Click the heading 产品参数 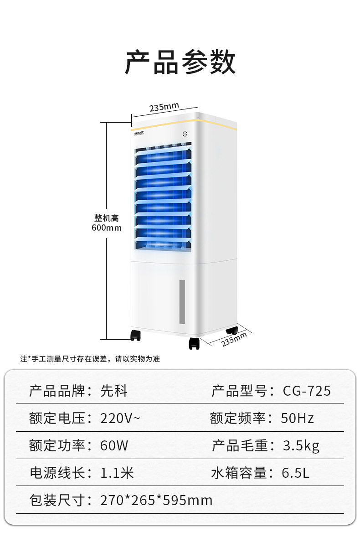pos(180,62)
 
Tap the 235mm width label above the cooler pos(164,107)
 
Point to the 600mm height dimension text pos(107,227)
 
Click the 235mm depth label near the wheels pos(234,340)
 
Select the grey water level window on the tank pos(182,301)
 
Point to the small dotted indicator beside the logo pos(185,134)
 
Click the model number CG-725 pos(307,391)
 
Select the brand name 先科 pos(114,391)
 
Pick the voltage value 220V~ pos(120,418)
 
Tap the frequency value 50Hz pos(297,418)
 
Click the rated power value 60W pos(114,445)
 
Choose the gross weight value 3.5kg pos(301,445)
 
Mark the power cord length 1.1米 pos(117,473)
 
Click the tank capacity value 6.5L pos(295,473)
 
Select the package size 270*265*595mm pos(156,500)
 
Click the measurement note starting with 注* pos(90,359)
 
